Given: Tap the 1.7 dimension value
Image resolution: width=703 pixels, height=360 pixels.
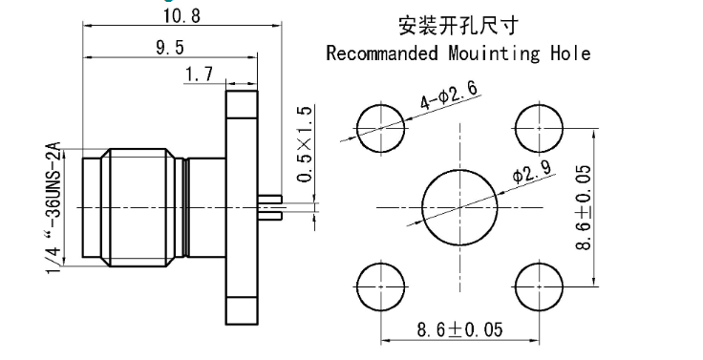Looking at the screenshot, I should tap(200, 74).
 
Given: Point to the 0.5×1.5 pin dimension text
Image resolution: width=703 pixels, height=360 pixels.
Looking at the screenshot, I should tap(305, 144).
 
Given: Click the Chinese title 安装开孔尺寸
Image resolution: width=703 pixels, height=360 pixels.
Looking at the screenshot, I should tap(458, 22).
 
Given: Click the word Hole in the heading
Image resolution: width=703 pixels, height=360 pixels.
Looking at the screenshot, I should tap(571, 53).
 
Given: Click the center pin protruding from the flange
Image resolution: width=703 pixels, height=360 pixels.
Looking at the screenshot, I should tap(271, 204).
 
